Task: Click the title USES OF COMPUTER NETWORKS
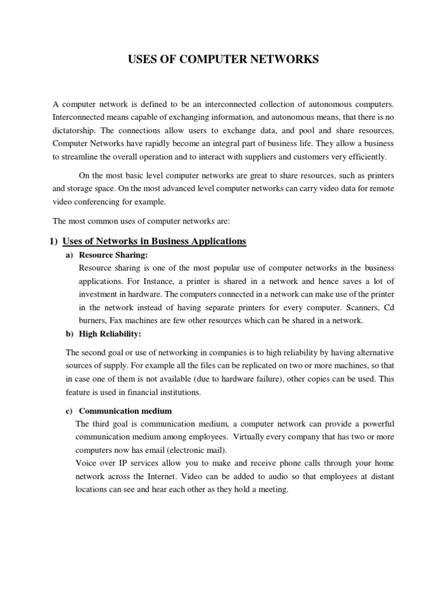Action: [223, 59]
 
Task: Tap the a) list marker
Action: [68, 255]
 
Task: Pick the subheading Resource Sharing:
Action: [114, 255]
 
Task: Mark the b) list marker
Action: [68, 334]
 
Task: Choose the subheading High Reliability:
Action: [110, 334]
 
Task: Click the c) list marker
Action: [68, 411]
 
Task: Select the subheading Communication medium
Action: [125, 411]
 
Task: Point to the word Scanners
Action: [356, 307]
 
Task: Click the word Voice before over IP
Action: [86, 463]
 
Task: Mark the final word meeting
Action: [272, 489]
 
